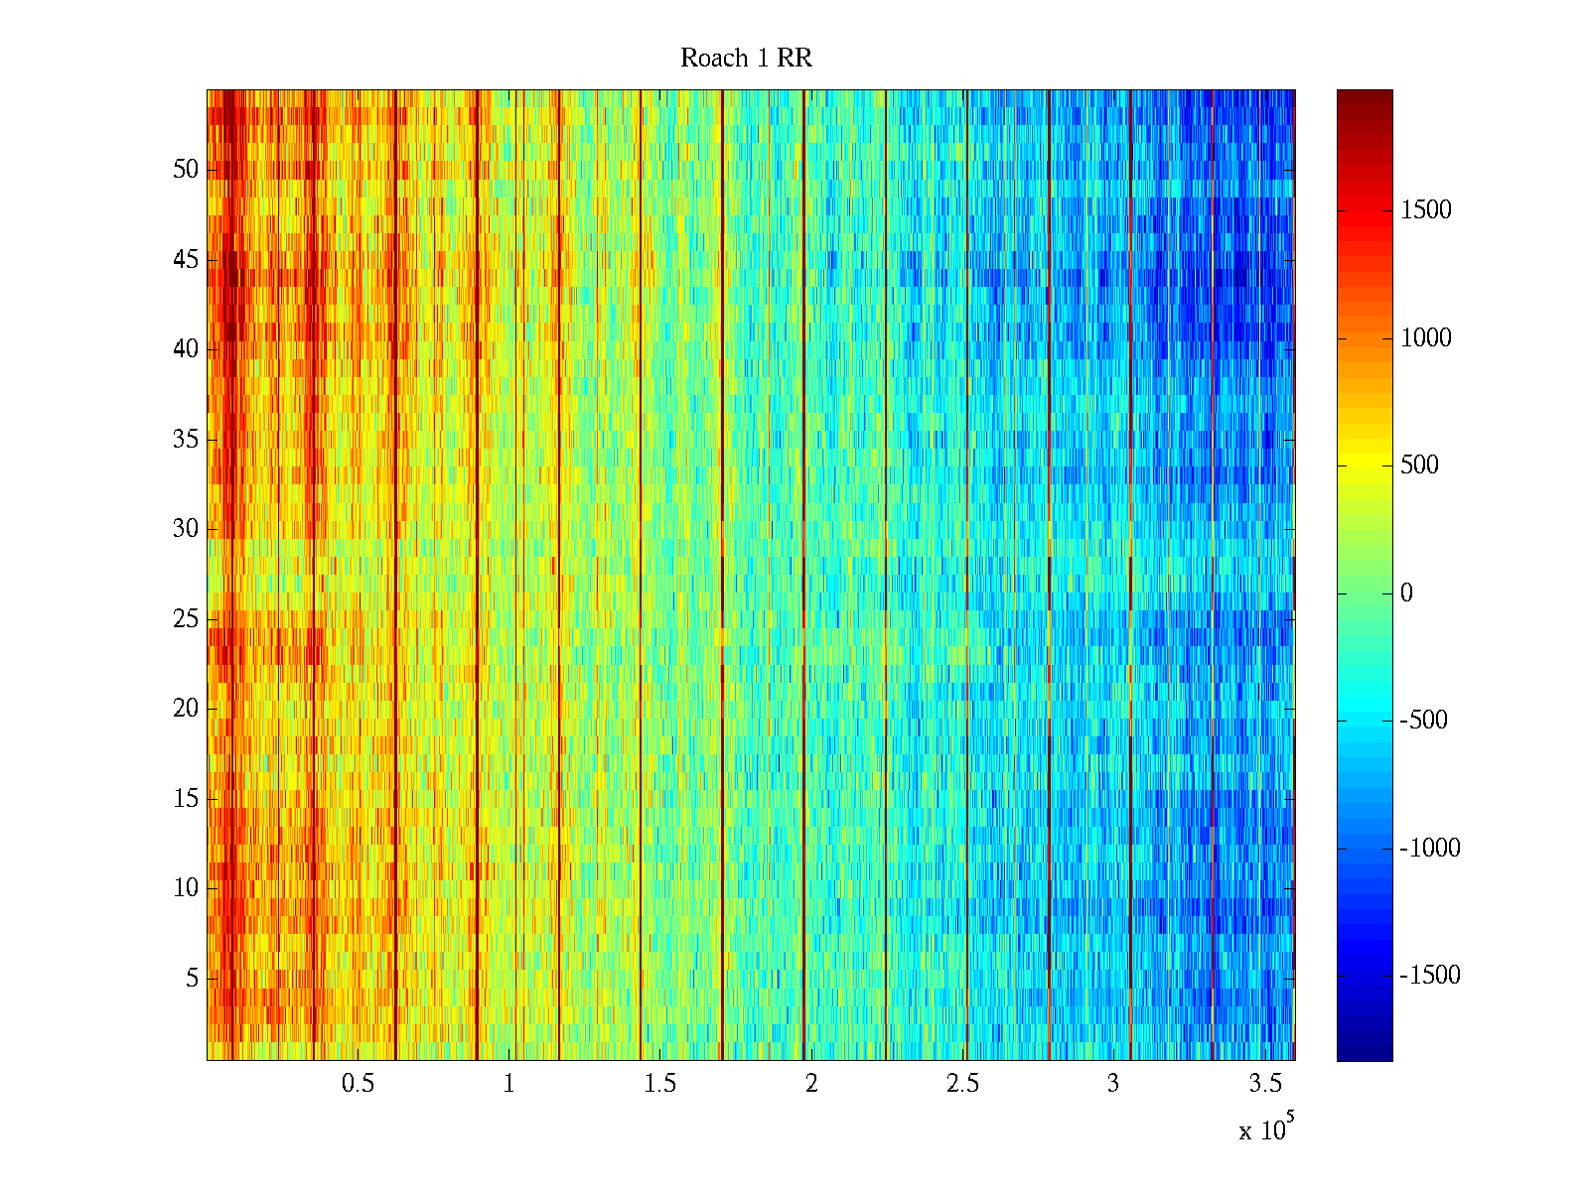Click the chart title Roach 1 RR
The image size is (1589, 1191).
click(746, 59)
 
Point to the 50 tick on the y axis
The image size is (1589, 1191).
click(186, 170)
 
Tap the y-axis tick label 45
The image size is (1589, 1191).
click(186, 260)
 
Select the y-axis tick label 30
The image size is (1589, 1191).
click(186, 529)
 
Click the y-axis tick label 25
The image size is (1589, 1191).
click(186, 619)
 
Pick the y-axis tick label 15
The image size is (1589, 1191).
click(186, 799)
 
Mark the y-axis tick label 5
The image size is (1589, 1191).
click(192, 979)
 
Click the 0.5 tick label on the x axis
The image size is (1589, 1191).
click(358, 1084)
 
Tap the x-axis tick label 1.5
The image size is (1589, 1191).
click(660, 1084)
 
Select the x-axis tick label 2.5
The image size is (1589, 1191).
click(962, 1084)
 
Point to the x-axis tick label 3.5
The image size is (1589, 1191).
click(1265, 1084)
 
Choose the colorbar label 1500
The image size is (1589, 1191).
click(1426, 210)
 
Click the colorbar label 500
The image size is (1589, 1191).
click(1419, 465)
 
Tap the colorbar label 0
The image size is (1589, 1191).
click(1406, 594)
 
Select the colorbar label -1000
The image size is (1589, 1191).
click(1430, 849)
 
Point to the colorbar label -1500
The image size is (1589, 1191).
click(1430, 976)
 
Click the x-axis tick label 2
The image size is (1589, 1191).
click(811, 1084)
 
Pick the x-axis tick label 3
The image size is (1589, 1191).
click(1113, 1084)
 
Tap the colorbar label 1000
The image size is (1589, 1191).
click(1426, 338)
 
